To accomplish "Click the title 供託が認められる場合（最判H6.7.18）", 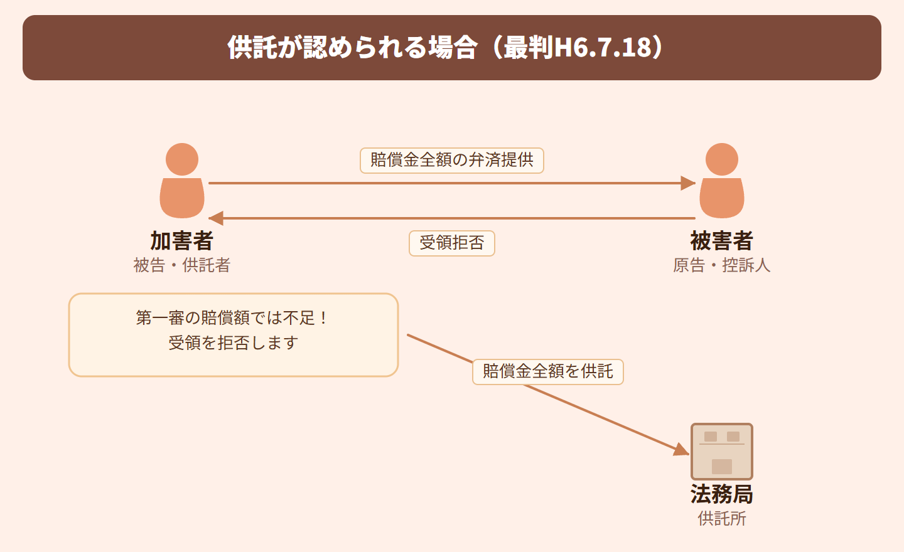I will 446,48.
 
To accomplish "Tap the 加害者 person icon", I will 182,182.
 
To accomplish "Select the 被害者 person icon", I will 722,182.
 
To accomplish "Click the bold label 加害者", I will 182,241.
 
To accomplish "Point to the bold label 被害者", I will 722,241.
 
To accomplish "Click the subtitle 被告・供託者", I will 182,265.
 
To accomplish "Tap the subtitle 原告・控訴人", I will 722,265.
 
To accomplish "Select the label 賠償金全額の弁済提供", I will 452,160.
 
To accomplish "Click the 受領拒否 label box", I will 452,243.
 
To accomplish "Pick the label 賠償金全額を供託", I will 548,371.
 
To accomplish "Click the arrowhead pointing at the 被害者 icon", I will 689,183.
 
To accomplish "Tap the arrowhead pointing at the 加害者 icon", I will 216,218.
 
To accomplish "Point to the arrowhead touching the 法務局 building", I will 681,450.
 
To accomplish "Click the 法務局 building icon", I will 722,452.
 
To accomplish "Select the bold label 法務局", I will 722,494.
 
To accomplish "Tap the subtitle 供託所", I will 722,519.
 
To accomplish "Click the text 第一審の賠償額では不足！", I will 233,318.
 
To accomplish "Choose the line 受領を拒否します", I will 233,343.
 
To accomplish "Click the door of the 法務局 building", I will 722,467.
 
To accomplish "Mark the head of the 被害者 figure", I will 722,159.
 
